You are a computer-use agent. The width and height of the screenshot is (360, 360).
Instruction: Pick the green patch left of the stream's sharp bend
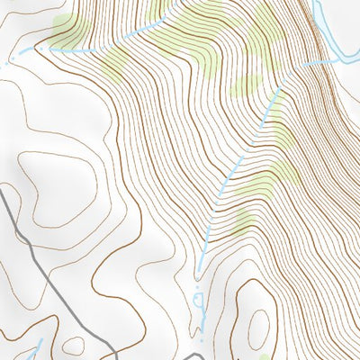[247, 85]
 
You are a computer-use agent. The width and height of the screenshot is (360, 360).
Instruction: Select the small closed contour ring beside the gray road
[74, 346]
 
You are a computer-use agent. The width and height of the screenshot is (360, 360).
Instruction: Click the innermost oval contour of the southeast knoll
[258, 328]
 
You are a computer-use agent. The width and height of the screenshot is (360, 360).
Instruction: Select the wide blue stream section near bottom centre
[200, 310]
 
